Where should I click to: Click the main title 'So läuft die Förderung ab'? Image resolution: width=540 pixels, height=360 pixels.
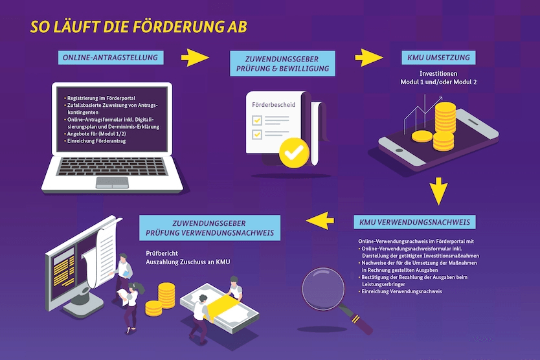pos(137,27)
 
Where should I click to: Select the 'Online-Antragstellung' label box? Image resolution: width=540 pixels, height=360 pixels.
pos(110,58)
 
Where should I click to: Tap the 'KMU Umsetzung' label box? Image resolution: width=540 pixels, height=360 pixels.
pos(438,58)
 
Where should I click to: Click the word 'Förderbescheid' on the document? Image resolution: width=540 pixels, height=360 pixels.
pos(269,103)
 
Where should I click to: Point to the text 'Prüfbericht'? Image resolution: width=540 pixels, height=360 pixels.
pos(162,254)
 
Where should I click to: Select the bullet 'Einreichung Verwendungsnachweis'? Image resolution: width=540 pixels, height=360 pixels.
pos(402,292)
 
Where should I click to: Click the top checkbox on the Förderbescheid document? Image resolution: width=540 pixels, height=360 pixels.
pos(257,120)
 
